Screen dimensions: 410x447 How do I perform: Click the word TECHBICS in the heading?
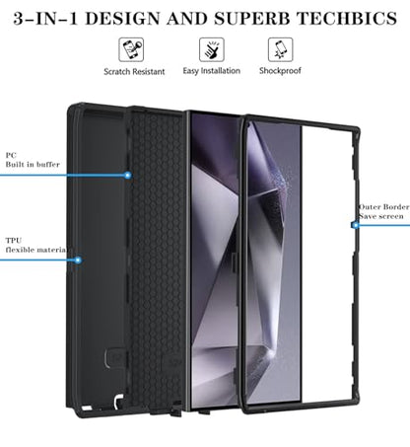coord(347,19)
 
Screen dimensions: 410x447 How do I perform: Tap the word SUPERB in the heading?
coord(252,19)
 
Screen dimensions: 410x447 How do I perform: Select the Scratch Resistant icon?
coord(131,49)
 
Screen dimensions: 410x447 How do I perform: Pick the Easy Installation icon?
coord(212,49)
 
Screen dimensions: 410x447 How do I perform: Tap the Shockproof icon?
coord(280,49)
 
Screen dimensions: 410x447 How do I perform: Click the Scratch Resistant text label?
coord(134,71)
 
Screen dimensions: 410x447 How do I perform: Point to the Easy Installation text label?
coord(212,71)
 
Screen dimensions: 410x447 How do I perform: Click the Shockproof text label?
coord(280,71)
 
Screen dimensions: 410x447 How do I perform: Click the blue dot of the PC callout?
coord(128,176)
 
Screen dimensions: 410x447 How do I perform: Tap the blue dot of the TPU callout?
coord(78,261)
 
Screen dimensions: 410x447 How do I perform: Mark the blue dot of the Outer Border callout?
coord(355,225)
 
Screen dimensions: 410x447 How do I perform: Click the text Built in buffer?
coord(33,164)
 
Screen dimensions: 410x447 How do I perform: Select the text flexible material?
coord(36,250)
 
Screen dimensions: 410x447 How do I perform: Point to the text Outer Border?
coord(383,207)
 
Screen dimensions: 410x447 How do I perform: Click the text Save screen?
coord(380,216)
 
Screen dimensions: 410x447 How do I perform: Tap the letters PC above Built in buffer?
coord(11,155)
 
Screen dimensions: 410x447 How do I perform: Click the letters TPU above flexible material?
coord(14,241)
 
